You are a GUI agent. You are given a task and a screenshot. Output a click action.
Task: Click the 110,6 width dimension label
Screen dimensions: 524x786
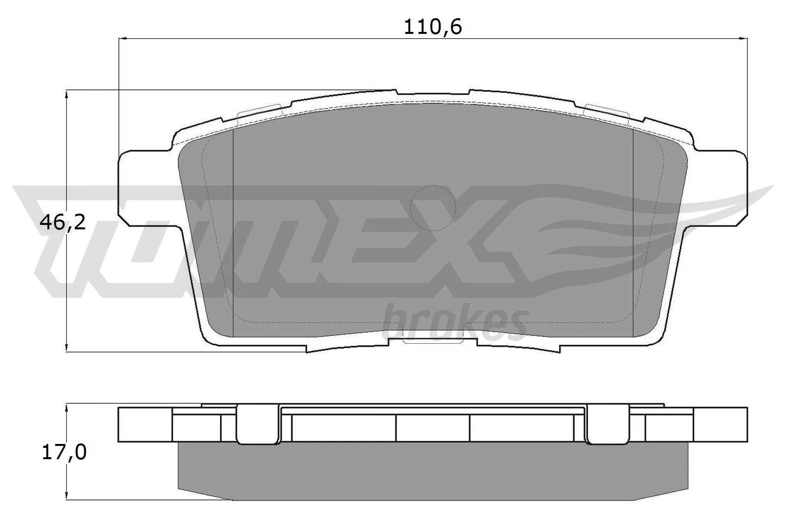pos(433,27)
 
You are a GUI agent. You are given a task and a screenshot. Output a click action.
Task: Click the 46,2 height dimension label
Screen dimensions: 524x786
pos(63,223)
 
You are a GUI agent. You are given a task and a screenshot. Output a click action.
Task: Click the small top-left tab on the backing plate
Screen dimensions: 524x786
pos(258,110)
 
